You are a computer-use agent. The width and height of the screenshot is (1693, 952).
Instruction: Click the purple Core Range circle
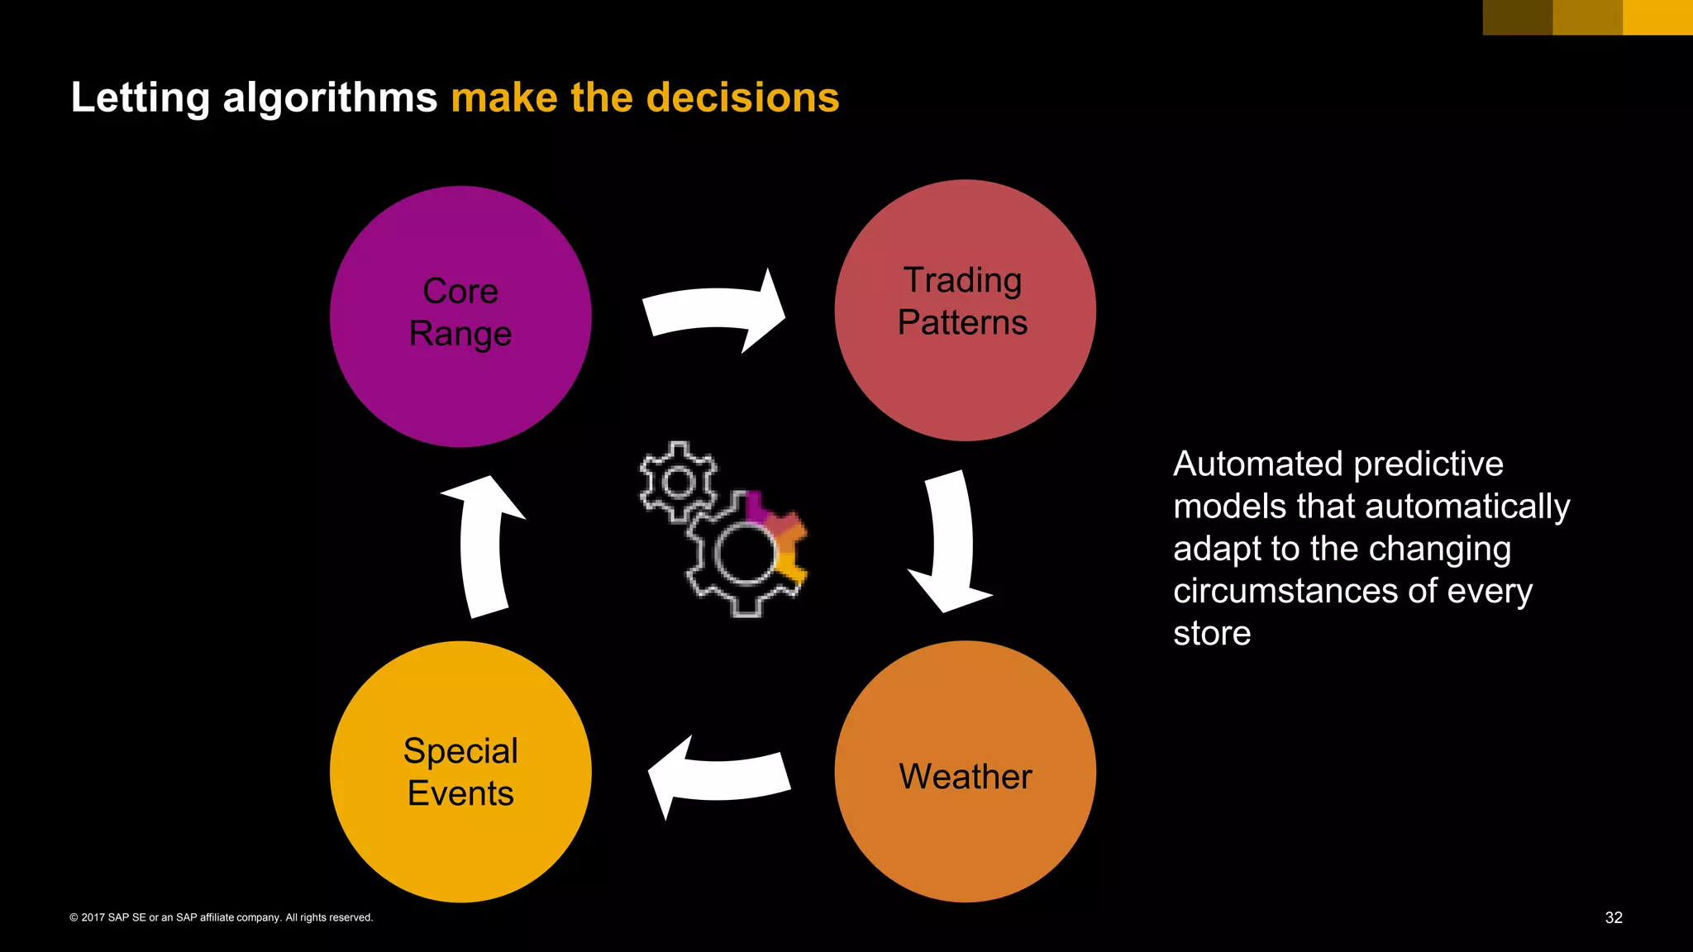point(460,317)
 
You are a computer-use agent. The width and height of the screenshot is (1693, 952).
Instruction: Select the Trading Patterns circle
point(965,310)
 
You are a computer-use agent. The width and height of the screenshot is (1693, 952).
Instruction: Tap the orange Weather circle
point(965,772)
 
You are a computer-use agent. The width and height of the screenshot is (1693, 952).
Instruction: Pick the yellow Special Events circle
point(460,772)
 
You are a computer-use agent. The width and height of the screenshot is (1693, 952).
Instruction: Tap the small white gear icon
point(679,481)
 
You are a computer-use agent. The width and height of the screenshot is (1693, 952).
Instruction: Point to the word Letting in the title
point(141,98)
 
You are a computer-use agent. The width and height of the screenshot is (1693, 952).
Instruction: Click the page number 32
point(1613,917)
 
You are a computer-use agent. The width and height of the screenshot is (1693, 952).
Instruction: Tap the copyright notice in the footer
point(222,917)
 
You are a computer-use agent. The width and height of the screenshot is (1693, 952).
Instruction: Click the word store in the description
point(1211,634)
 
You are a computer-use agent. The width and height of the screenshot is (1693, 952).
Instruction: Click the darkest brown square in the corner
point(1517,17)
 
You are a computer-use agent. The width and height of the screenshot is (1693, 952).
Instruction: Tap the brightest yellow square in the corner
point(1657,17)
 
